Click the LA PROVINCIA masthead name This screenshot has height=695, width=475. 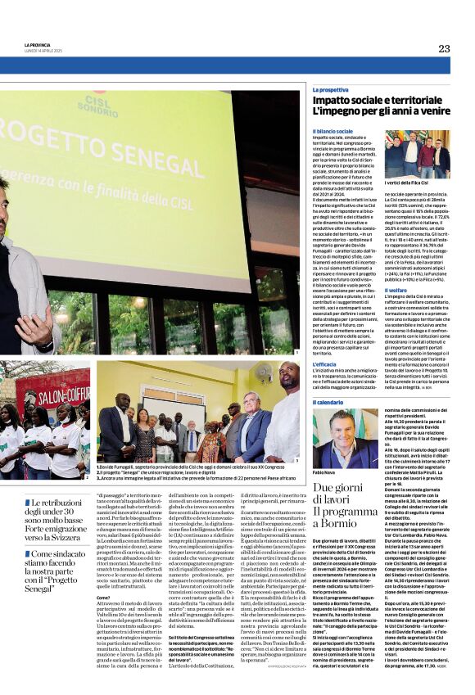(38, 44)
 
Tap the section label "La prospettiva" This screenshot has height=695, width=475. (330, 89)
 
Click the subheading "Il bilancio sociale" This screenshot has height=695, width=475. (332, 131)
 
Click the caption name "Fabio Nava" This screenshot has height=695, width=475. (324, 473)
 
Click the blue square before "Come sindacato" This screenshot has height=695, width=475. (27, 532)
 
